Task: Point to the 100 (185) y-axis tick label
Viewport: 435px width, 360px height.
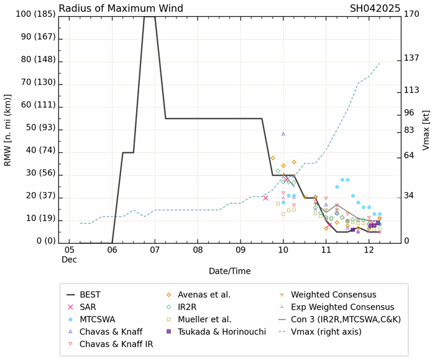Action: tap(32, 14)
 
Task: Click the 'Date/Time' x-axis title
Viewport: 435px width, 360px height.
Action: tap(231, 272)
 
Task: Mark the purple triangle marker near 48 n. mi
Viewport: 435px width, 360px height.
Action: tap(283, 134)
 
